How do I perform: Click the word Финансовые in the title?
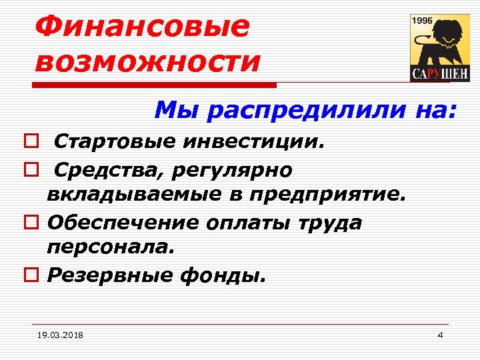(x=142, y=27)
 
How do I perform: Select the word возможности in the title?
(x=148, y=61)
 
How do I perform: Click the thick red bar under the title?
(x=157, y=85)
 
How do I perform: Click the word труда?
(x=330, y=223)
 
